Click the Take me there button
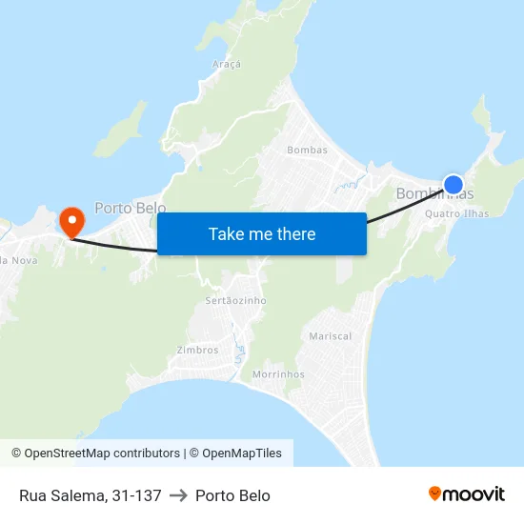262,233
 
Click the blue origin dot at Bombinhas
453,185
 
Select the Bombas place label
307,150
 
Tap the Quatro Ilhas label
457,213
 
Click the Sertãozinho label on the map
236,300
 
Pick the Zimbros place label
197,350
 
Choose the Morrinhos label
278,374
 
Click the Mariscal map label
331,336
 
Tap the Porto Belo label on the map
130,208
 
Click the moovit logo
467,494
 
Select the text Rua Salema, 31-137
90,495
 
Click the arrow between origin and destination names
178,495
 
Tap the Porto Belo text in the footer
232,495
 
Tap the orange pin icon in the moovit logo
435,494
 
